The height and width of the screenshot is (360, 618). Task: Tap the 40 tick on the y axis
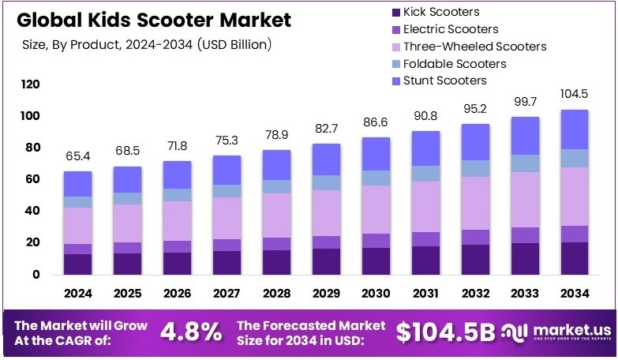tap(32, 211)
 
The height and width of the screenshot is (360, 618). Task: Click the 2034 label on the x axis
tap(574, 294)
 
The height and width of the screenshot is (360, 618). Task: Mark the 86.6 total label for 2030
tap(376, 124)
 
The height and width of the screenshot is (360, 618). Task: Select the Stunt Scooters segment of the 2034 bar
tap(574, 129)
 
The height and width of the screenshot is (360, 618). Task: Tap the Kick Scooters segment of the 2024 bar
tap(78, 264)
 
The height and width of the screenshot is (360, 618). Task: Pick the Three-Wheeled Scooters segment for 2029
tap(326, 213)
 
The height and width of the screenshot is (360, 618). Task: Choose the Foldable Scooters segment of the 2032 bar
tap(475, 168)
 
